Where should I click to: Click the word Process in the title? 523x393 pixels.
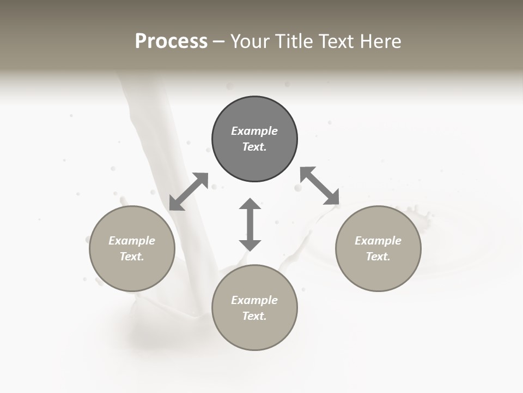coord(171,41)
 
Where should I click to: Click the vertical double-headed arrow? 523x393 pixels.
coord(250,224)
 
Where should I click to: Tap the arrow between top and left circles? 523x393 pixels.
coord(188,192)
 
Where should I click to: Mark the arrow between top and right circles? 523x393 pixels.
coord(320,186)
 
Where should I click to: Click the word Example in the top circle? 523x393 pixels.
coord(254,131)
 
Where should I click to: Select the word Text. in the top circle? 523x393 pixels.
coord(254,147)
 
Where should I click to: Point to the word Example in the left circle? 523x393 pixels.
coord(132,241)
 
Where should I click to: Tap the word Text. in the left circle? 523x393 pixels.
coord(132,257)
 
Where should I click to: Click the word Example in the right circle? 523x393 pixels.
coord(378,241)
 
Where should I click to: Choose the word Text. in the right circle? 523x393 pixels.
coord(378,257)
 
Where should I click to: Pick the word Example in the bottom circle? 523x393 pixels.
coord(254,300)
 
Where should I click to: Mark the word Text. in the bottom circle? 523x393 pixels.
coord(254,316)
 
